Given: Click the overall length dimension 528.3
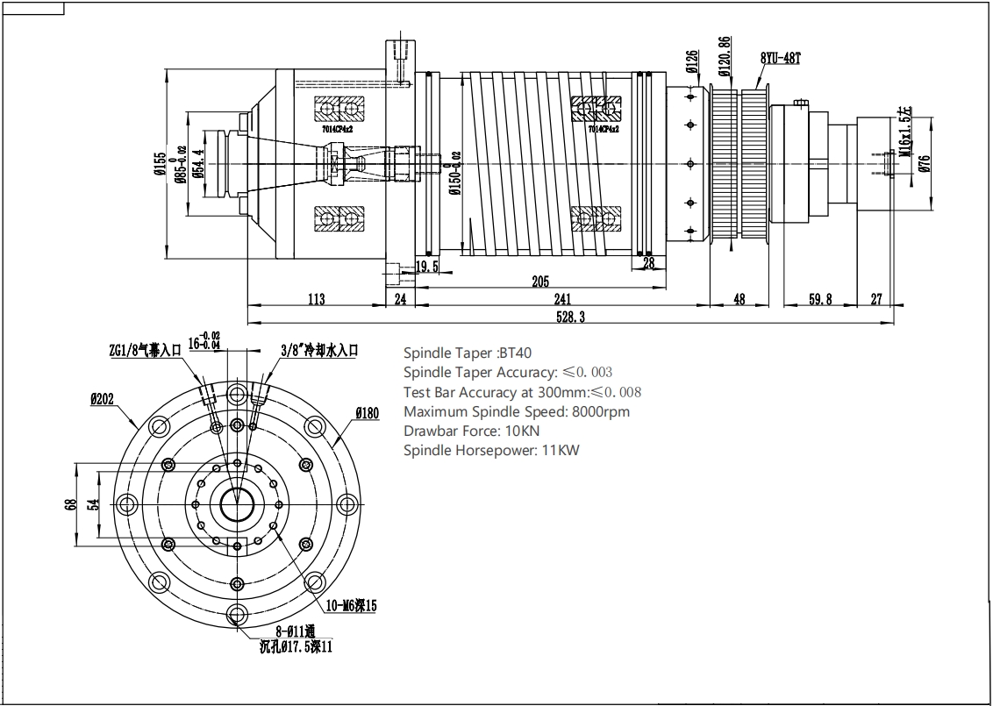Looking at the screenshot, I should pos(570,317).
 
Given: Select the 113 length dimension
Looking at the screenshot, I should pos(317,299).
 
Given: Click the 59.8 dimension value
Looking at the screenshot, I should pos(819,299).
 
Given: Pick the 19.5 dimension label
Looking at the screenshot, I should pos(427,265).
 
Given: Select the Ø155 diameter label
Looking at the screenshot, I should pos(160,165).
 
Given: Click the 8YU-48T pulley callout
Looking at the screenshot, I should pos(781,59).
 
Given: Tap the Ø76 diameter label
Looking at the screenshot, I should pos(925,163).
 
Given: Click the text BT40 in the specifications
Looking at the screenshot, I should pos(515,353).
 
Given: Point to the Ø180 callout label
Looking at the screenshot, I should pos(367,413).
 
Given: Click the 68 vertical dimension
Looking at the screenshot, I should pos(71,505).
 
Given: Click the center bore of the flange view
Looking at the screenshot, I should pos(236,504).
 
